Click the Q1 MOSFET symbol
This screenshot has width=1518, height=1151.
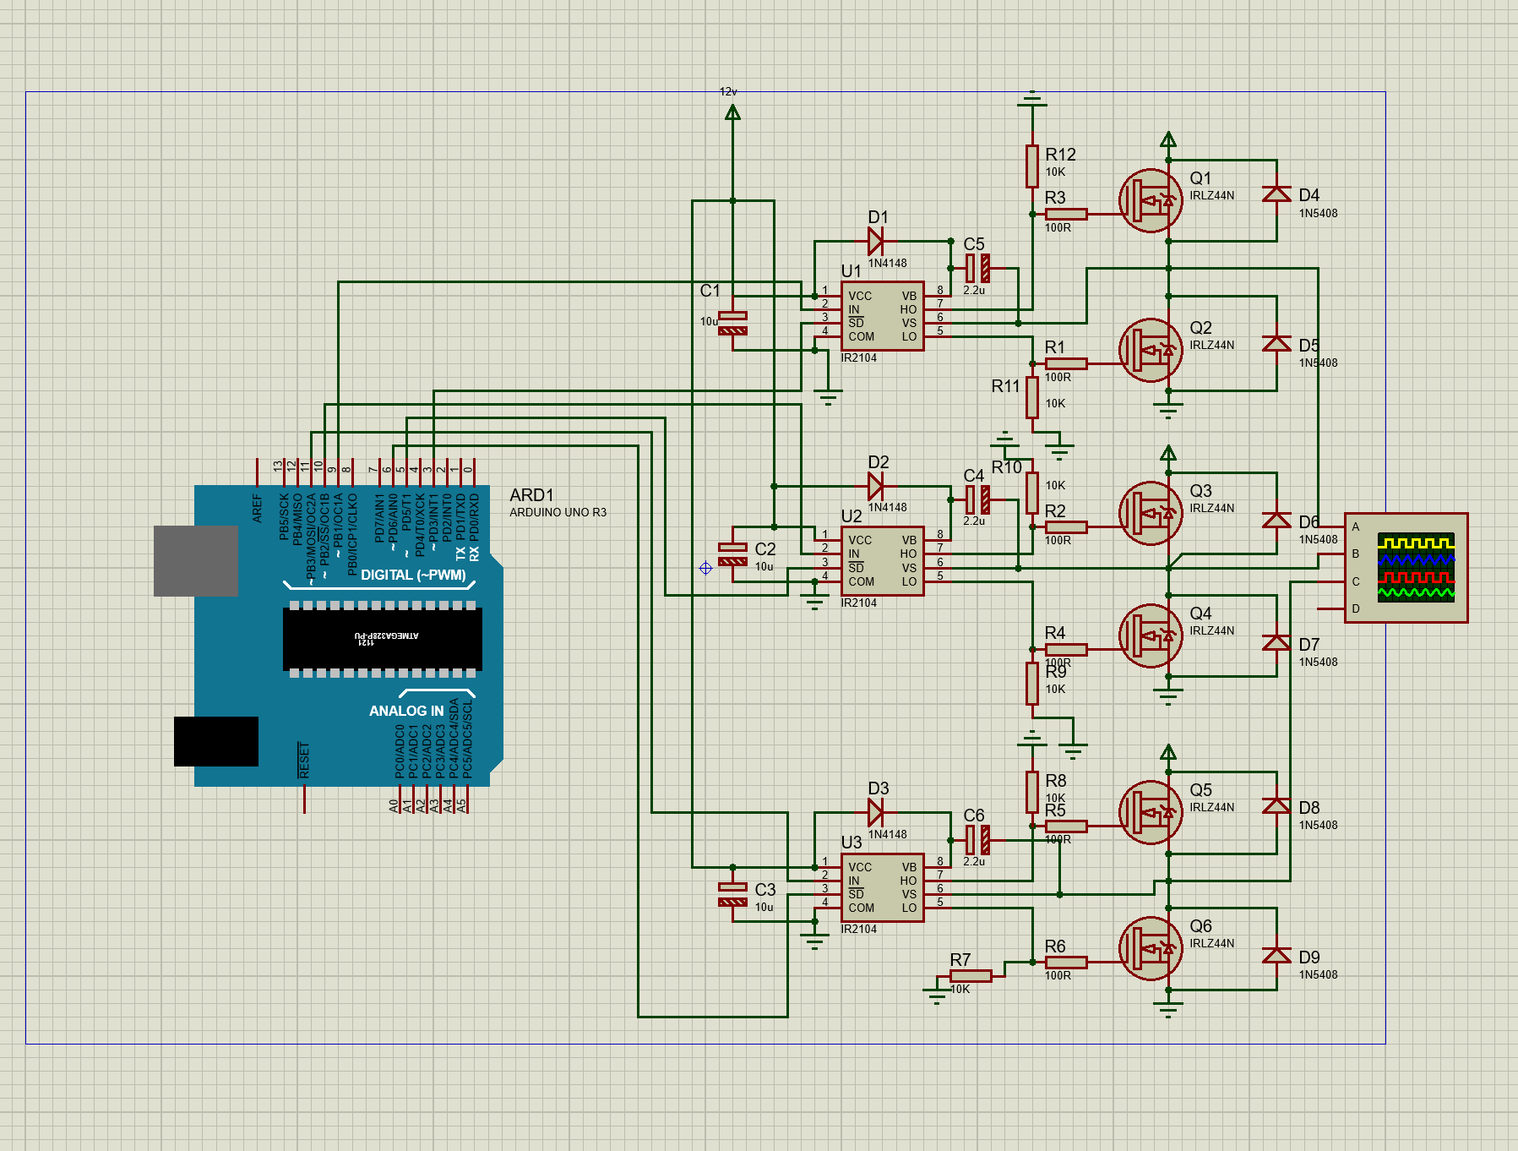1151,201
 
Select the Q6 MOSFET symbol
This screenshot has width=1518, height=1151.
1151,949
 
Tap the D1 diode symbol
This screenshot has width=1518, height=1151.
876,241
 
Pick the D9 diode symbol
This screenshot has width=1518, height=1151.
1276,956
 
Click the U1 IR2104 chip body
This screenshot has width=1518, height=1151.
882,316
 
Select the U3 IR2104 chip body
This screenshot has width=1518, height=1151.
882,887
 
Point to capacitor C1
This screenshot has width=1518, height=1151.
732,323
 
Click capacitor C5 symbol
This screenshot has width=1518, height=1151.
977,269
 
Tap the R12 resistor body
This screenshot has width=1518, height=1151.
1032,166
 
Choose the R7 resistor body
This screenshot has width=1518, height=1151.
971,976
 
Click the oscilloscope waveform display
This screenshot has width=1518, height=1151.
1416,566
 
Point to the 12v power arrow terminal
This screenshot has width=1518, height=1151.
732,112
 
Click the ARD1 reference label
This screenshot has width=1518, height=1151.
531,495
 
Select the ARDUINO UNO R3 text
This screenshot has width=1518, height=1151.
558,512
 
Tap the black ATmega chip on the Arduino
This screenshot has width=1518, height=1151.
383,638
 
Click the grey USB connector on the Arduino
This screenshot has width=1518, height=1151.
196,560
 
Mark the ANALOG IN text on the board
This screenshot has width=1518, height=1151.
406,711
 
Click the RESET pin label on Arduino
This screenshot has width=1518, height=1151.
304,760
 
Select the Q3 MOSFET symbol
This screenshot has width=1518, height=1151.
1151,514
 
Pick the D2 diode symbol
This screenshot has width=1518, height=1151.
876,486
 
